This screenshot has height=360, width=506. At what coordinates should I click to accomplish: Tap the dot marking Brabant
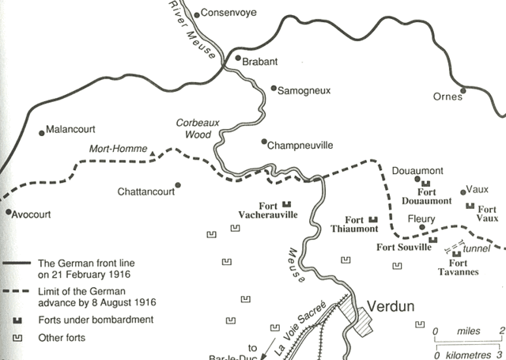point(238,59)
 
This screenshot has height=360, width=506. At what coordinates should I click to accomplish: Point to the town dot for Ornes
point(463,90)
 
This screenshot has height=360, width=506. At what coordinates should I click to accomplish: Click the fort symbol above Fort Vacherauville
point(286,203)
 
